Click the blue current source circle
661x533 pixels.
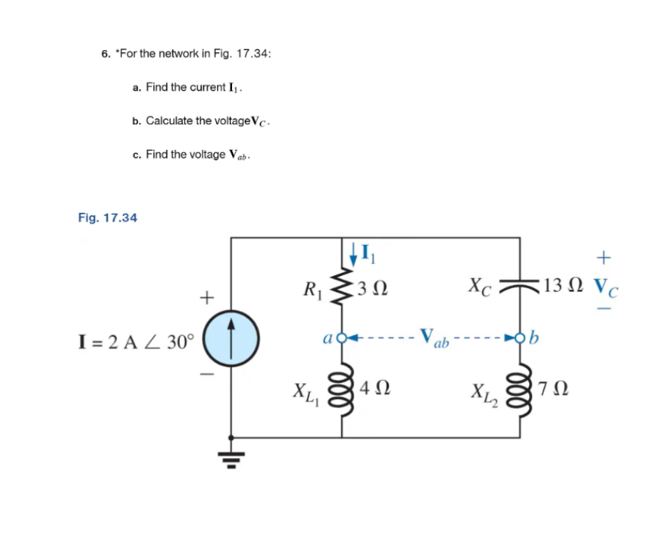[230, 337]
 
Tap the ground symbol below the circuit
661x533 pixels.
[230, 452]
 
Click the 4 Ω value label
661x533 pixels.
[374, 390]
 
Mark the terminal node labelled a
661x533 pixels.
[341, 336]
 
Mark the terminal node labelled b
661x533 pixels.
[519, 336]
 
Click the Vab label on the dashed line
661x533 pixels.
[434, 337]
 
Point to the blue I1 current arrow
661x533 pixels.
[354, 252]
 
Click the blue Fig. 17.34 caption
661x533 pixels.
[107, 217]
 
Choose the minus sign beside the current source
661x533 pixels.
[207, 372]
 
